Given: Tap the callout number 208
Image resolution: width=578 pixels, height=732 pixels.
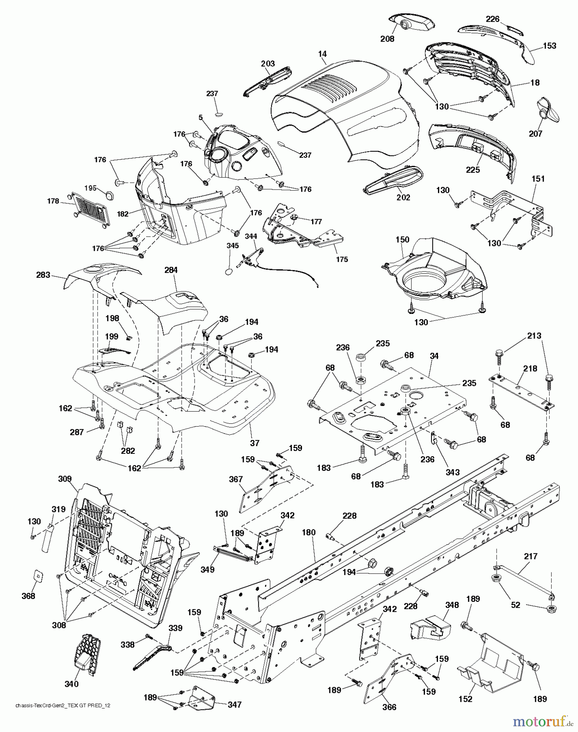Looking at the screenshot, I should point(387,39).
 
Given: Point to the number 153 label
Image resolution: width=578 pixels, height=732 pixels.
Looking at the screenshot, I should point(549,46).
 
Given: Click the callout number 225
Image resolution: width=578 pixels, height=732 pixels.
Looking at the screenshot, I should point(473,170).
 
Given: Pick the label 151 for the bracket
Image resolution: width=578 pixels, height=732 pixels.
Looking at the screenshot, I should point(538,179).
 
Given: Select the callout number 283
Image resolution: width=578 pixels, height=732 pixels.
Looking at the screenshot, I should point(43,275).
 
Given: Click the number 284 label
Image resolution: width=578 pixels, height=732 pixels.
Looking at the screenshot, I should point(171,270).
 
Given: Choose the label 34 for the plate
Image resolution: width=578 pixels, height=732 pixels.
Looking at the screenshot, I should point(434,356).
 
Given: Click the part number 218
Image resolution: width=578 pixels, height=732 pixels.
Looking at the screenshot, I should point(530,368).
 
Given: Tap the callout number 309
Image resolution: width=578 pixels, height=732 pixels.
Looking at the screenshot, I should point(65,479).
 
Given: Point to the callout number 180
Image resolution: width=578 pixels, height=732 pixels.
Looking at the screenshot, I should point(309,532).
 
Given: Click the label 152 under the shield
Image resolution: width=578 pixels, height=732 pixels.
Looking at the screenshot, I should point(465,699).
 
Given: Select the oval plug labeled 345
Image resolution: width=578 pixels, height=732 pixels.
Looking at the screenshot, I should point(229,271).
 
